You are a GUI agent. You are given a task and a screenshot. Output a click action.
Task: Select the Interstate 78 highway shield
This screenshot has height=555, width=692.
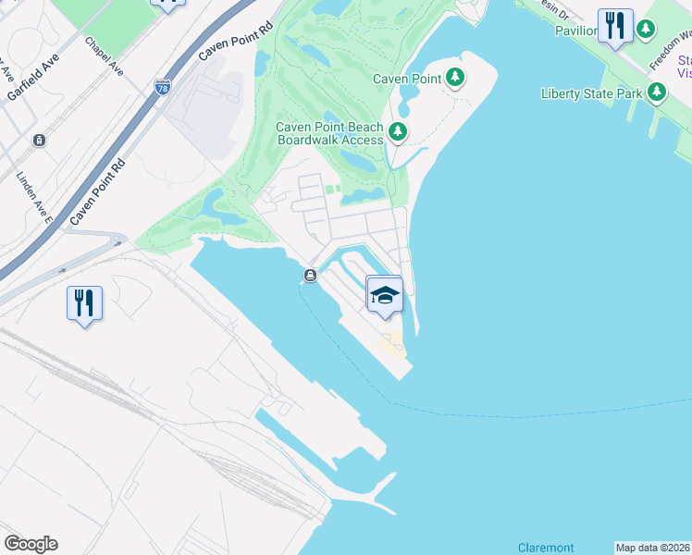click(163, 87)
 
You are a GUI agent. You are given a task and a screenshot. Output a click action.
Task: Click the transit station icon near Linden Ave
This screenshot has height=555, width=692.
click(39, 141)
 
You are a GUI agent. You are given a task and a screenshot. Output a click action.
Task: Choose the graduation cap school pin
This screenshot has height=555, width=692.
click(384, 295)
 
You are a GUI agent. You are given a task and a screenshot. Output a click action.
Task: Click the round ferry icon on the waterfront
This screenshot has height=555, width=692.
click(310, 275)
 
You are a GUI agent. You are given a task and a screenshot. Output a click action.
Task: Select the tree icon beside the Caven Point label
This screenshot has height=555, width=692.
click(454, 79)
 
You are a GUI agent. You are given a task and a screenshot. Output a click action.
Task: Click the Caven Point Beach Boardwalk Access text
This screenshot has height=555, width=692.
click(329, 134)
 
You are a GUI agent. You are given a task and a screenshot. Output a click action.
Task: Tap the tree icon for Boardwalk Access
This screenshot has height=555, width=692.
click(398, 133)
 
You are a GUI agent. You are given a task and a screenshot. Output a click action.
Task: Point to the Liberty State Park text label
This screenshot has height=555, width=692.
click(592, 92)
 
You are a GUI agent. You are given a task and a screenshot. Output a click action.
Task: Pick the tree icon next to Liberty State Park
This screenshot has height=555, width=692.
click(657, 92)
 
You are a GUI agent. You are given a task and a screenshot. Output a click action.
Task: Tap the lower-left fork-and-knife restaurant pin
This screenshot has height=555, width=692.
click(84, 302)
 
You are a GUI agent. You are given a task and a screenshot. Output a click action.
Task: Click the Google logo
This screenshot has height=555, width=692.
click(31, 544)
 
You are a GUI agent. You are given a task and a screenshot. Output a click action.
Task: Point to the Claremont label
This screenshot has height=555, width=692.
click(546, 548)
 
